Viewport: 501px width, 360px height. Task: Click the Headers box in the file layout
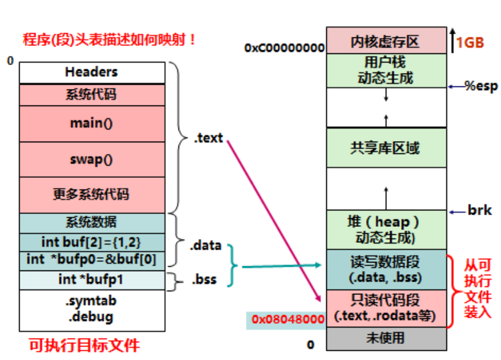click(x=92, y=72)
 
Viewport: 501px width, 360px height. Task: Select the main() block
click(x=92, y=123)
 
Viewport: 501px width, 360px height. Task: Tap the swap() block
click(x=92, y=159)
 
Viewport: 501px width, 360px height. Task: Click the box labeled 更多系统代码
click(x=92, y=195)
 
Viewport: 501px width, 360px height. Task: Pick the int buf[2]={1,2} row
click(x=92, y=242)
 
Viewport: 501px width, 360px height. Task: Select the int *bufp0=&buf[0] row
click(x=92, y=260)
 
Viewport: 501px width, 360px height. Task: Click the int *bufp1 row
click(x=92, y=280)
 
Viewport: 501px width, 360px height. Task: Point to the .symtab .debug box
click(x=92, y=309)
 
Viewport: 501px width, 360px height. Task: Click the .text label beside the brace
click(x=208, y=138)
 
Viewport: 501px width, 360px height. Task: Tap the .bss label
click(x=204, y=280)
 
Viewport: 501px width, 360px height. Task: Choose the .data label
click(x=205, y=247)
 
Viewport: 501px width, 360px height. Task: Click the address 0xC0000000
click(x=284, y=47)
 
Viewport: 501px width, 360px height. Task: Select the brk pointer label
click(x=480, y=211)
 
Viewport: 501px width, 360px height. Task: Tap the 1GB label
click(x=470, y=42)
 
